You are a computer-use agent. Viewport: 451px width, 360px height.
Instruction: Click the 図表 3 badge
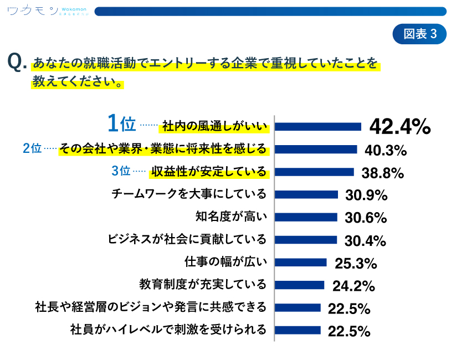[419, 34]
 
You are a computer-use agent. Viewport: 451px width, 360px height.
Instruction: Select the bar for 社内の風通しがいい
[318, 127]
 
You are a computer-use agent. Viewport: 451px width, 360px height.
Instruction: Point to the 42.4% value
[399, 127]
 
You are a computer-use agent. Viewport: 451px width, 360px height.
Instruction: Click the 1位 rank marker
[121, 124]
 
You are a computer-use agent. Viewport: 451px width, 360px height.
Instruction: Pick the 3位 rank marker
[121, 171]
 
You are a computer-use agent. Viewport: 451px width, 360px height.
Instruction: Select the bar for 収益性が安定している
[314, 172]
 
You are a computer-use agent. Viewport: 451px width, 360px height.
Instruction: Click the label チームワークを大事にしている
[189, 194]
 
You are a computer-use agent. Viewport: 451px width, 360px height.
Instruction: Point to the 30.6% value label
[365, 218]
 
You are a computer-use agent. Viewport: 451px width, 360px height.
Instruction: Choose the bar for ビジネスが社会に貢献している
[306, 240]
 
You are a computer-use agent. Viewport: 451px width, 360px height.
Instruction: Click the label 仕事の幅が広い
[225, 262]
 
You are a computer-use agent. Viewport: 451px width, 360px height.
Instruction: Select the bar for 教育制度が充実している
[300, 285]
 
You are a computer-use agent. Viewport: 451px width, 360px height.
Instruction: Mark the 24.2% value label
[353, 286]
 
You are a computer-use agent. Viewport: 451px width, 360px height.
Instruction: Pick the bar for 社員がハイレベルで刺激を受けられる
[298, 330]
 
